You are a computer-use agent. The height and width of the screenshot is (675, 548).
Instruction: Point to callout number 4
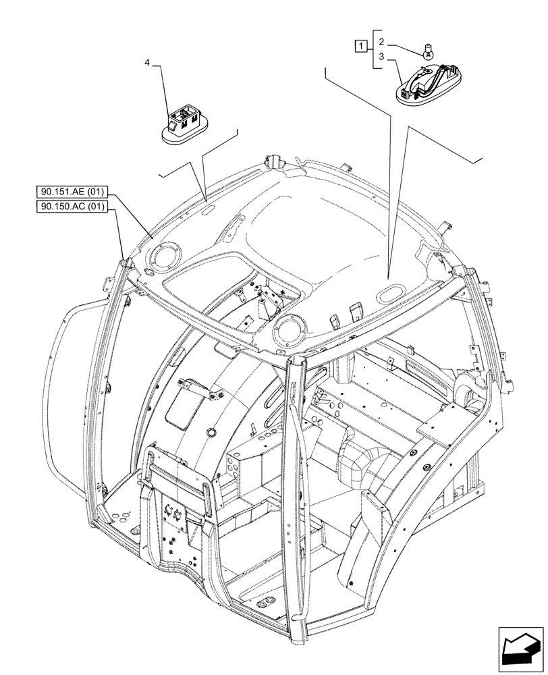147,63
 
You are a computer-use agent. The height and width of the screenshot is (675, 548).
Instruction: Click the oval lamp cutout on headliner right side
390,293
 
